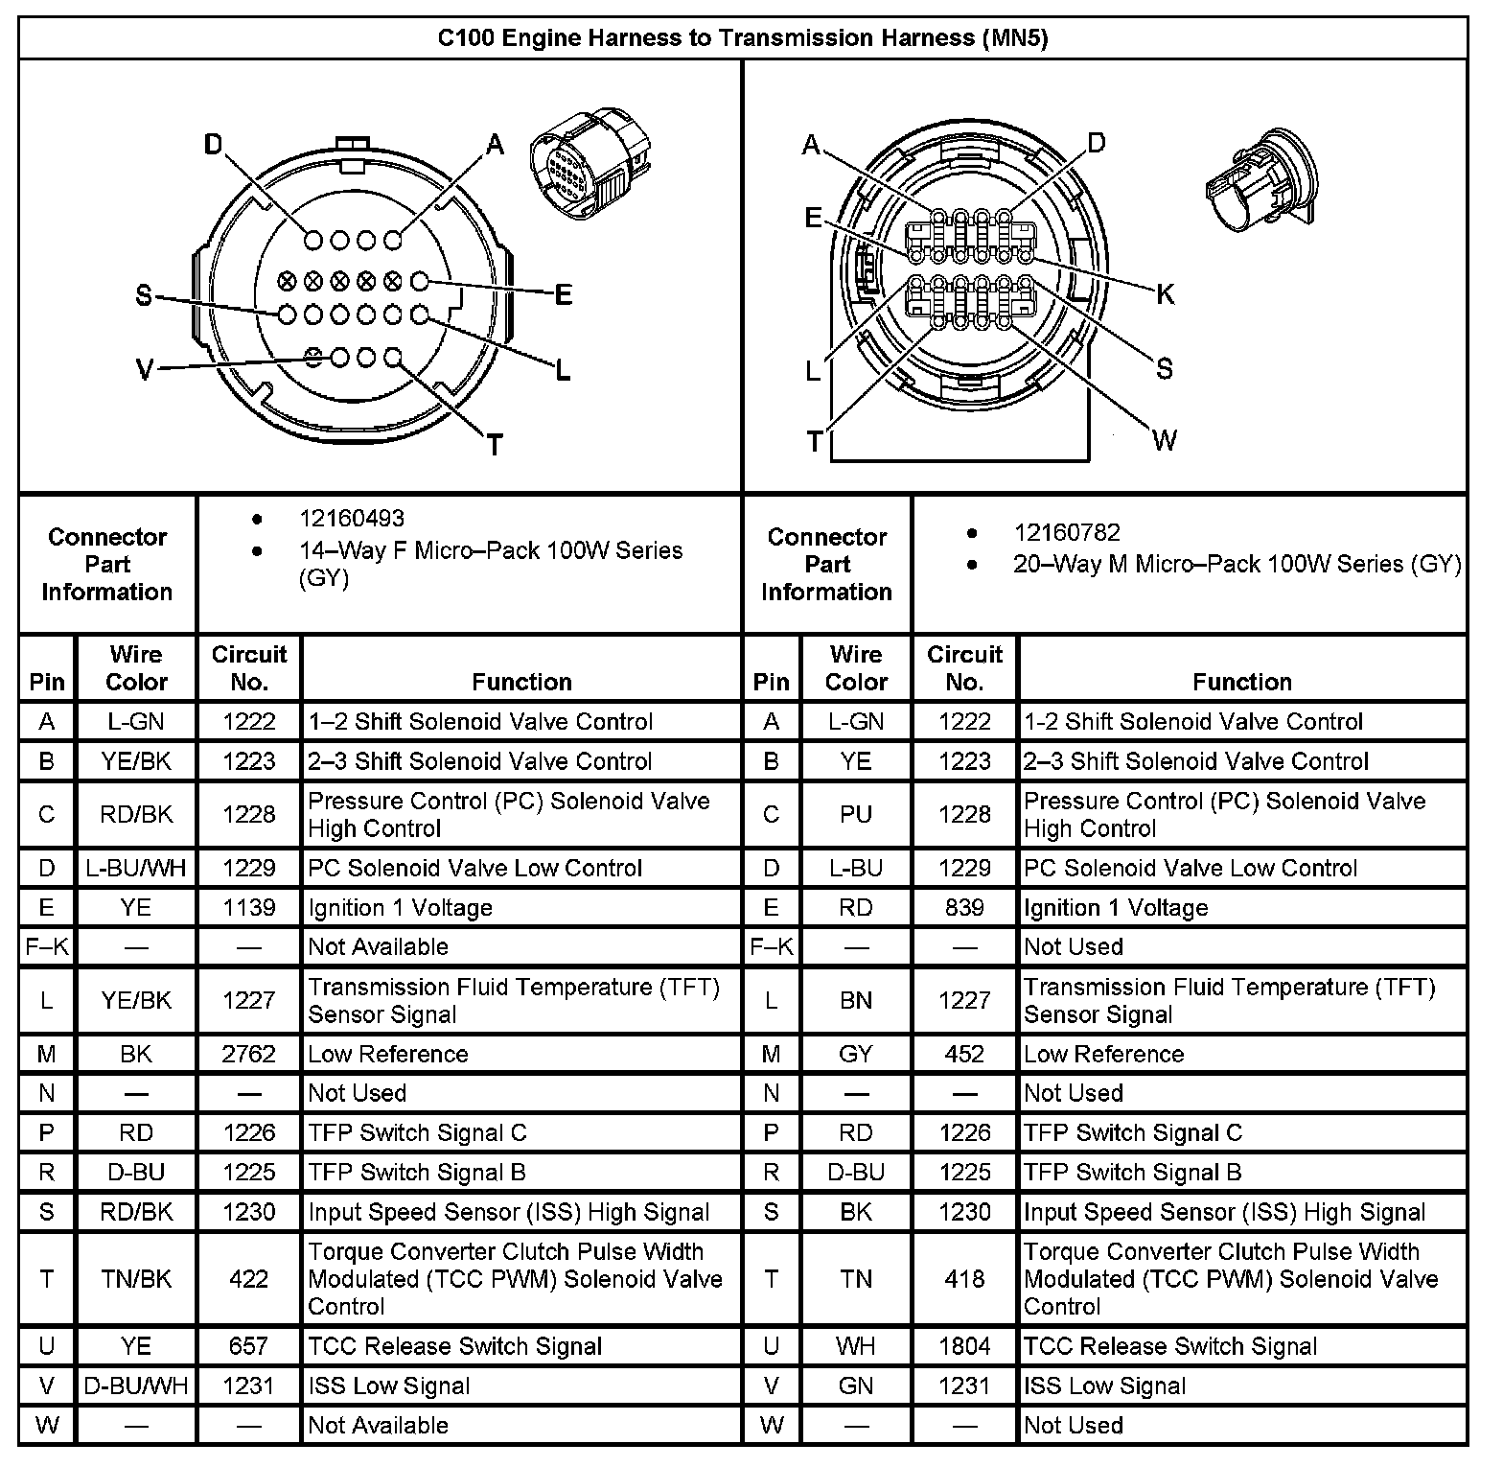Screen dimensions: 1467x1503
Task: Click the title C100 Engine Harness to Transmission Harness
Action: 742,38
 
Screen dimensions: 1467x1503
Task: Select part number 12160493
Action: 352,519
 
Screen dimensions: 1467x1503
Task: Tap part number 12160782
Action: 1067,533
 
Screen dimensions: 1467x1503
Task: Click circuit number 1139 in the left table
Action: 249,908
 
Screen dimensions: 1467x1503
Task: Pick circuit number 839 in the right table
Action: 964,908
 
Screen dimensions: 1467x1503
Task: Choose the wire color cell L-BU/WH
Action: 136,869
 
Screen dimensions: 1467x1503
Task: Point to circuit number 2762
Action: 249,1055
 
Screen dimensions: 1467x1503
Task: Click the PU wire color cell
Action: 855,815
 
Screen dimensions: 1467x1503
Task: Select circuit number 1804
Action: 964,1346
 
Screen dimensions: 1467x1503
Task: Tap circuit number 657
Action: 249,1346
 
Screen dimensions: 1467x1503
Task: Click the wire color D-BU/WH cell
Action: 136,1386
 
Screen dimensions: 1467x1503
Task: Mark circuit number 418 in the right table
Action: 964,1279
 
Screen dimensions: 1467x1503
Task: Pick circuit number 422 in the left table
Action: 249,1279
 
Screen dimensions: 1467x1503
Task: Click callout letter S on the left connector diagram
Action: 144,296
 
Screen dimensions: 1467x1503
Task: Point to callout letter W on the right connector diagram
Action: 1165,440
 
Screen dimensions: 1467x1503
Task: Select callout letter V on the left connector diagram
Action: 145,369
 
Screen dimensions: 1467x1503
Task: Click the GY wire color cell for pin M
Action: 855,1055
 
